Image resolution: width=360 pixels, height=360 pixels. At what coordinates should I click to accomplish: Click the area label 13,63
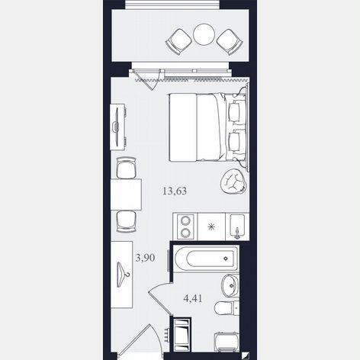point(175,191)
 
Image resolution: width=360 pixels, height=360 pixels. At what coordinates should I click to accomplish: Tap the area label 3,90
point(145,258)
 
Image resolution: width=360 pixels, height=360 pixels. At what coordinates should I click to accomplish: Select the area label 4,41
point(193,298)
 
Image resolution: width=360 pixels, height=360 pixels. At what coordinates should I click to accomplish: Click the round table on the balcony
point(204,34)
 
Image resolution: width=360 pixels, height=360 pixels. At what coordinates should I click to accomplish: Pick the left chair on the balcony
point(178,41)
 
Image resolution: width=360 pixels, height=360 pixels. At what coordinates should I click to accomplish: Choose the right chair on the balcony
point(230,42)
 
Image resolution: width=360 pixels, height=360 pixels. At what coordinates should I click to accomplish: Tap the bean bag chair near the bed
point(233,181)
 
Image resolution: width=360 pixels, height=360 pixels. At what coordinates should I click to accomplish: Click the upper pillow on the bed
point(234,112)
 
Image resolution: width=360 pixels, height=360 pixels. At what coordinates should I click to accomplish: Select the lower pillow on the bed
point(234,141)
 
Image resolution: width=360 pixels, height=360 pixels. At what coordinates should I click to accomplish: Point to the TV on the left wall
point(117,127)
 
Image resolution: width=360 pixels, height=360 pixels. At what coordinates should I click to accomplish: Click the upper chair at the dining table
point(127,168)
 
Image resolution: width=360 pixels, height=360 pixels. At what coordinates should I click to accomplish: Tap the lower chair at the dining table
point(127,221)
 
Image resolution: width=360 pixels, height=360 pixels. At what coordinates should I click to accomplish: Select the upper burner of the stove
point(185,220)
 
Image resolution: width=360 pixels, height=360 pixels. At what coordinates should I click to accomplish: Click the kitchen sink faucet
point(237,233)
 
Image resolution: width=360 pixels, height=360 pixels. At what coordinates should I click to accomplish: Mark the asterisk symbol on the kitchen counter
point(211,227)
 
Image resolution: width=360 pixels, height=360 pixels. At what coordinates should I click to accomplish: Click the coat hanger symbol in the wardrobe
point(123,275)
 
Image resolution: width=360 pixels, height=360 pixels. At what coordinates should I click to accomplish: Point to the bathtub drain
point(226,259)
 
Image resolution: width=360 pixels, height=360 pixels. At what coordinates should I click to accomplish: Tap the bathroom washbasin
point(230,285)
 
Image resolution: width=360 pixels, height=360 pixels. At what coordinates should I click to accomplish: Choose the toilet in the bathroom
point(227,308)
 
